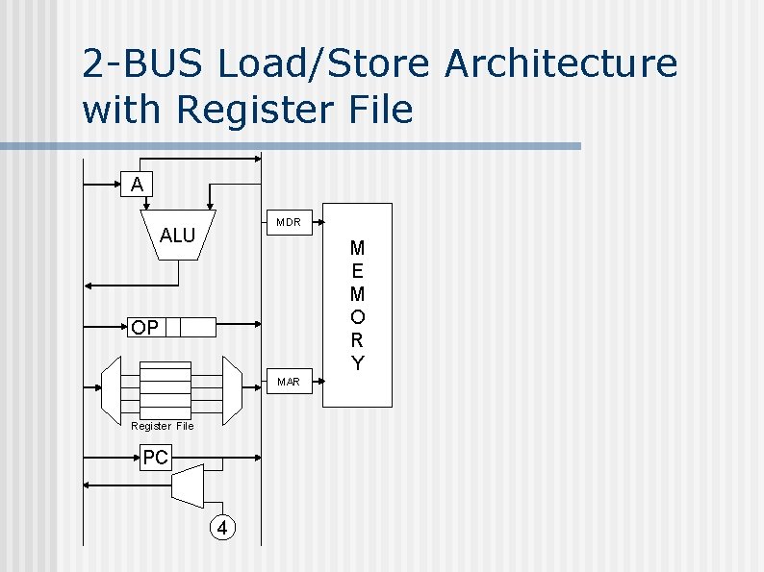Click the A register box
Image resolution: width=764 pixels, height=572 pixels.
tap(137, 184)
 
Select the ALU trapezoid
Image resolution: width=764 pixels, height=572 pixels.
tap(178, 235)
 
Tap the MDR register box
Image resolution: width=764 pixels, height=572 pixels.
tap(288, 222)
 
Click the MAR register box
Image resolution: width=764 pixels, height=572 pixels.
tap(288, 382)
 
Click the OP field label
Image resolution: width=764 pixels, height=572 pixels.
tap(145, 328)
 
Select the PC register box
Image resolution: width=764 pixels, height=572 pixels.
tap(155, 458)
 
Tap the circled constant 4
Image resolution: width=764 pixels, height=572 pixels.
tap(222, 528)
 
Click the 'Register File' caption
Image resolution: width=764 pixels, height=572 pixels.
tap(163, 426)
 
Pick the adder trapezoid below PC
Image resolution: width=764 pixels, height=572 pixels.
tap(192, 486)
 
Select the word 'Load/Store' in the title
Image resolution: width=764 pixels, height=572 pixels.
tap(324, 64)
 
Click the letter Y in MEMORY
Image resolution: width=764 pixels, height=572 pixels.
tap(358, 363)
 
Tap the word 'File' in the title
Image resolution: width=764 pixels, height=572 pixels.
tap(378, 110)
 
